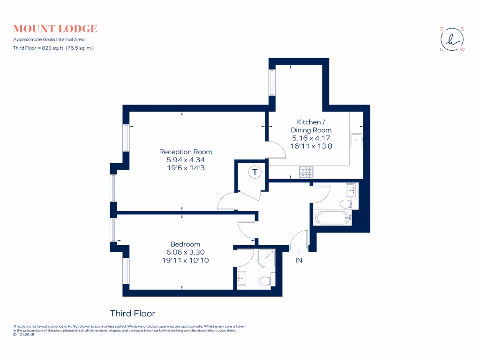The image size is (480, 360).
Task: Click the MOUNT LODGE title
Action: coord(55,29)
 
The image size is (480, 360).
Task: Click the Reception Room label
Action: coord(185,152)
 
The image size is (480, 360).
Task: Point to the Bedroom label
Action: coord(185,244)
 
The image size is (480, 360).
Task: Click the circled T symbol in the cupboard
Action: coord(254,172)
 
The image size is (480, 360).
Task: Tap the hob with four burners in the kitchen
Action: coord(307,172)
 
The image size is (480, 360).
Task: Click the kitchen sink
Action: coord(357,139)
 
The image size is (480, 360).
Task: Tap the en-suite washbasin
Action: coord(241,277)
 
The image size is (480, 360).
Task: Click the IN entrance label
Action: coord(299,261)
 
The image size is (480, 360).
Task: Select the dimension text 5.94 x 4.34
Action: coord(185,160)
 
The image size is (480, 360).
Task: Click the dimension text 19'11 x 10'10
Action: coord(185,260)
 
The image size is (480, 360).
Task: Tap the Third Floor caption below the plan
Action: coord(132,313)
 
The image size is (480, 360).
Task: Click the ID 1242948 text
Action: coord(24,335)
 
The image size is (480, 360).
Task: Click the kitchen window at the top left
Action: coord(271,82)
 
